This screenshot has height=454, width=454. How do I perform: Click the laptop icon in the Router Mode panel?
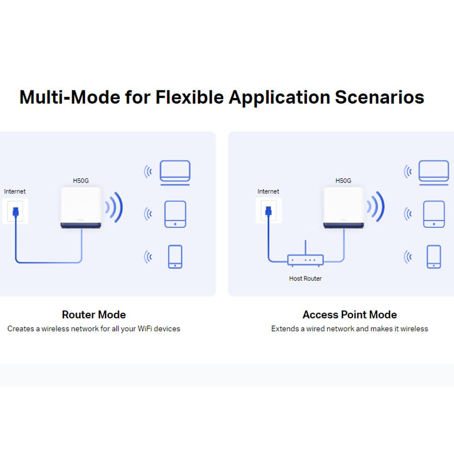coord(175,173)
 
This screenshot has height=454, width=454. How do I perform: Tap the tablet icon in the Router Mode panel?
coord(175,214)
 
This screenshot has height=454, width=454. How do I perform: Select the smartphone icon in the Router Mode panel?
coord(175,257)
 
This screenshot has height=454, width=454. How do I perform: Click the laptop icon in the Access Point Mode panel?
coord(434,173)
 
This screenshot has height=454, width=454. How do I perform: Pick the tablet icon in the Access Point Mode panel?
coord(434,214)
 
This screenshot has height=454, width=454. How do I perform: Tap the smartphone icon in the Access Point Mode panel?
coord(434,257)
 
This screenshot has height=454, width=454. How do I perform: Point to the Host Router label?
coord(306,279)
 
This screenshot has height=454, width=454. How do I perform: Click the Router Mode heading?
coord(94,315)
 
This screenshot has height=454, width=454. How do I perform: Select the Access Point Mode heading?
coord(350,315)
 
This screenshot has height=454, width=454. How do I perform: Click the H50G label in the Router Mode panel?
coord(81,181)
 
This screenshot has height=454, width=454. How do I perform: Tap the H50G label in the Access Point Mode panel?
coord(343,181)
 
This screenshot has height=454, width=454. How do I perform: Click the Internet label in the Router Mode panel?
coord(15,192)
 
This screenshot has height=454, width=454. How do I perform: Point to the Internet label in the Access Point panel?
coord(268,192)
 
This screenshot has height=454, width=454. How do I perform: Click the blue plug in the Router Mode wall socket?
coord(15,212)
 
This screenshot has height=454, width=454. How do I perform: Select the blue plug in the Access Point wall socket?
coord(269,211)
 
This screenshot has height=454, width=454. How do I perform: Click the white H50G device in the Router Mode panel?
coord(81,207)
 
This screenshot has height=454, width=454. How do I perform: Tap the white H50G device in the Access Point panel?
coord(343,207)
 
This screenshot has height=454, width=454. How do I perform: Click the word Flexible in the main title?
coord(190,97)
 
